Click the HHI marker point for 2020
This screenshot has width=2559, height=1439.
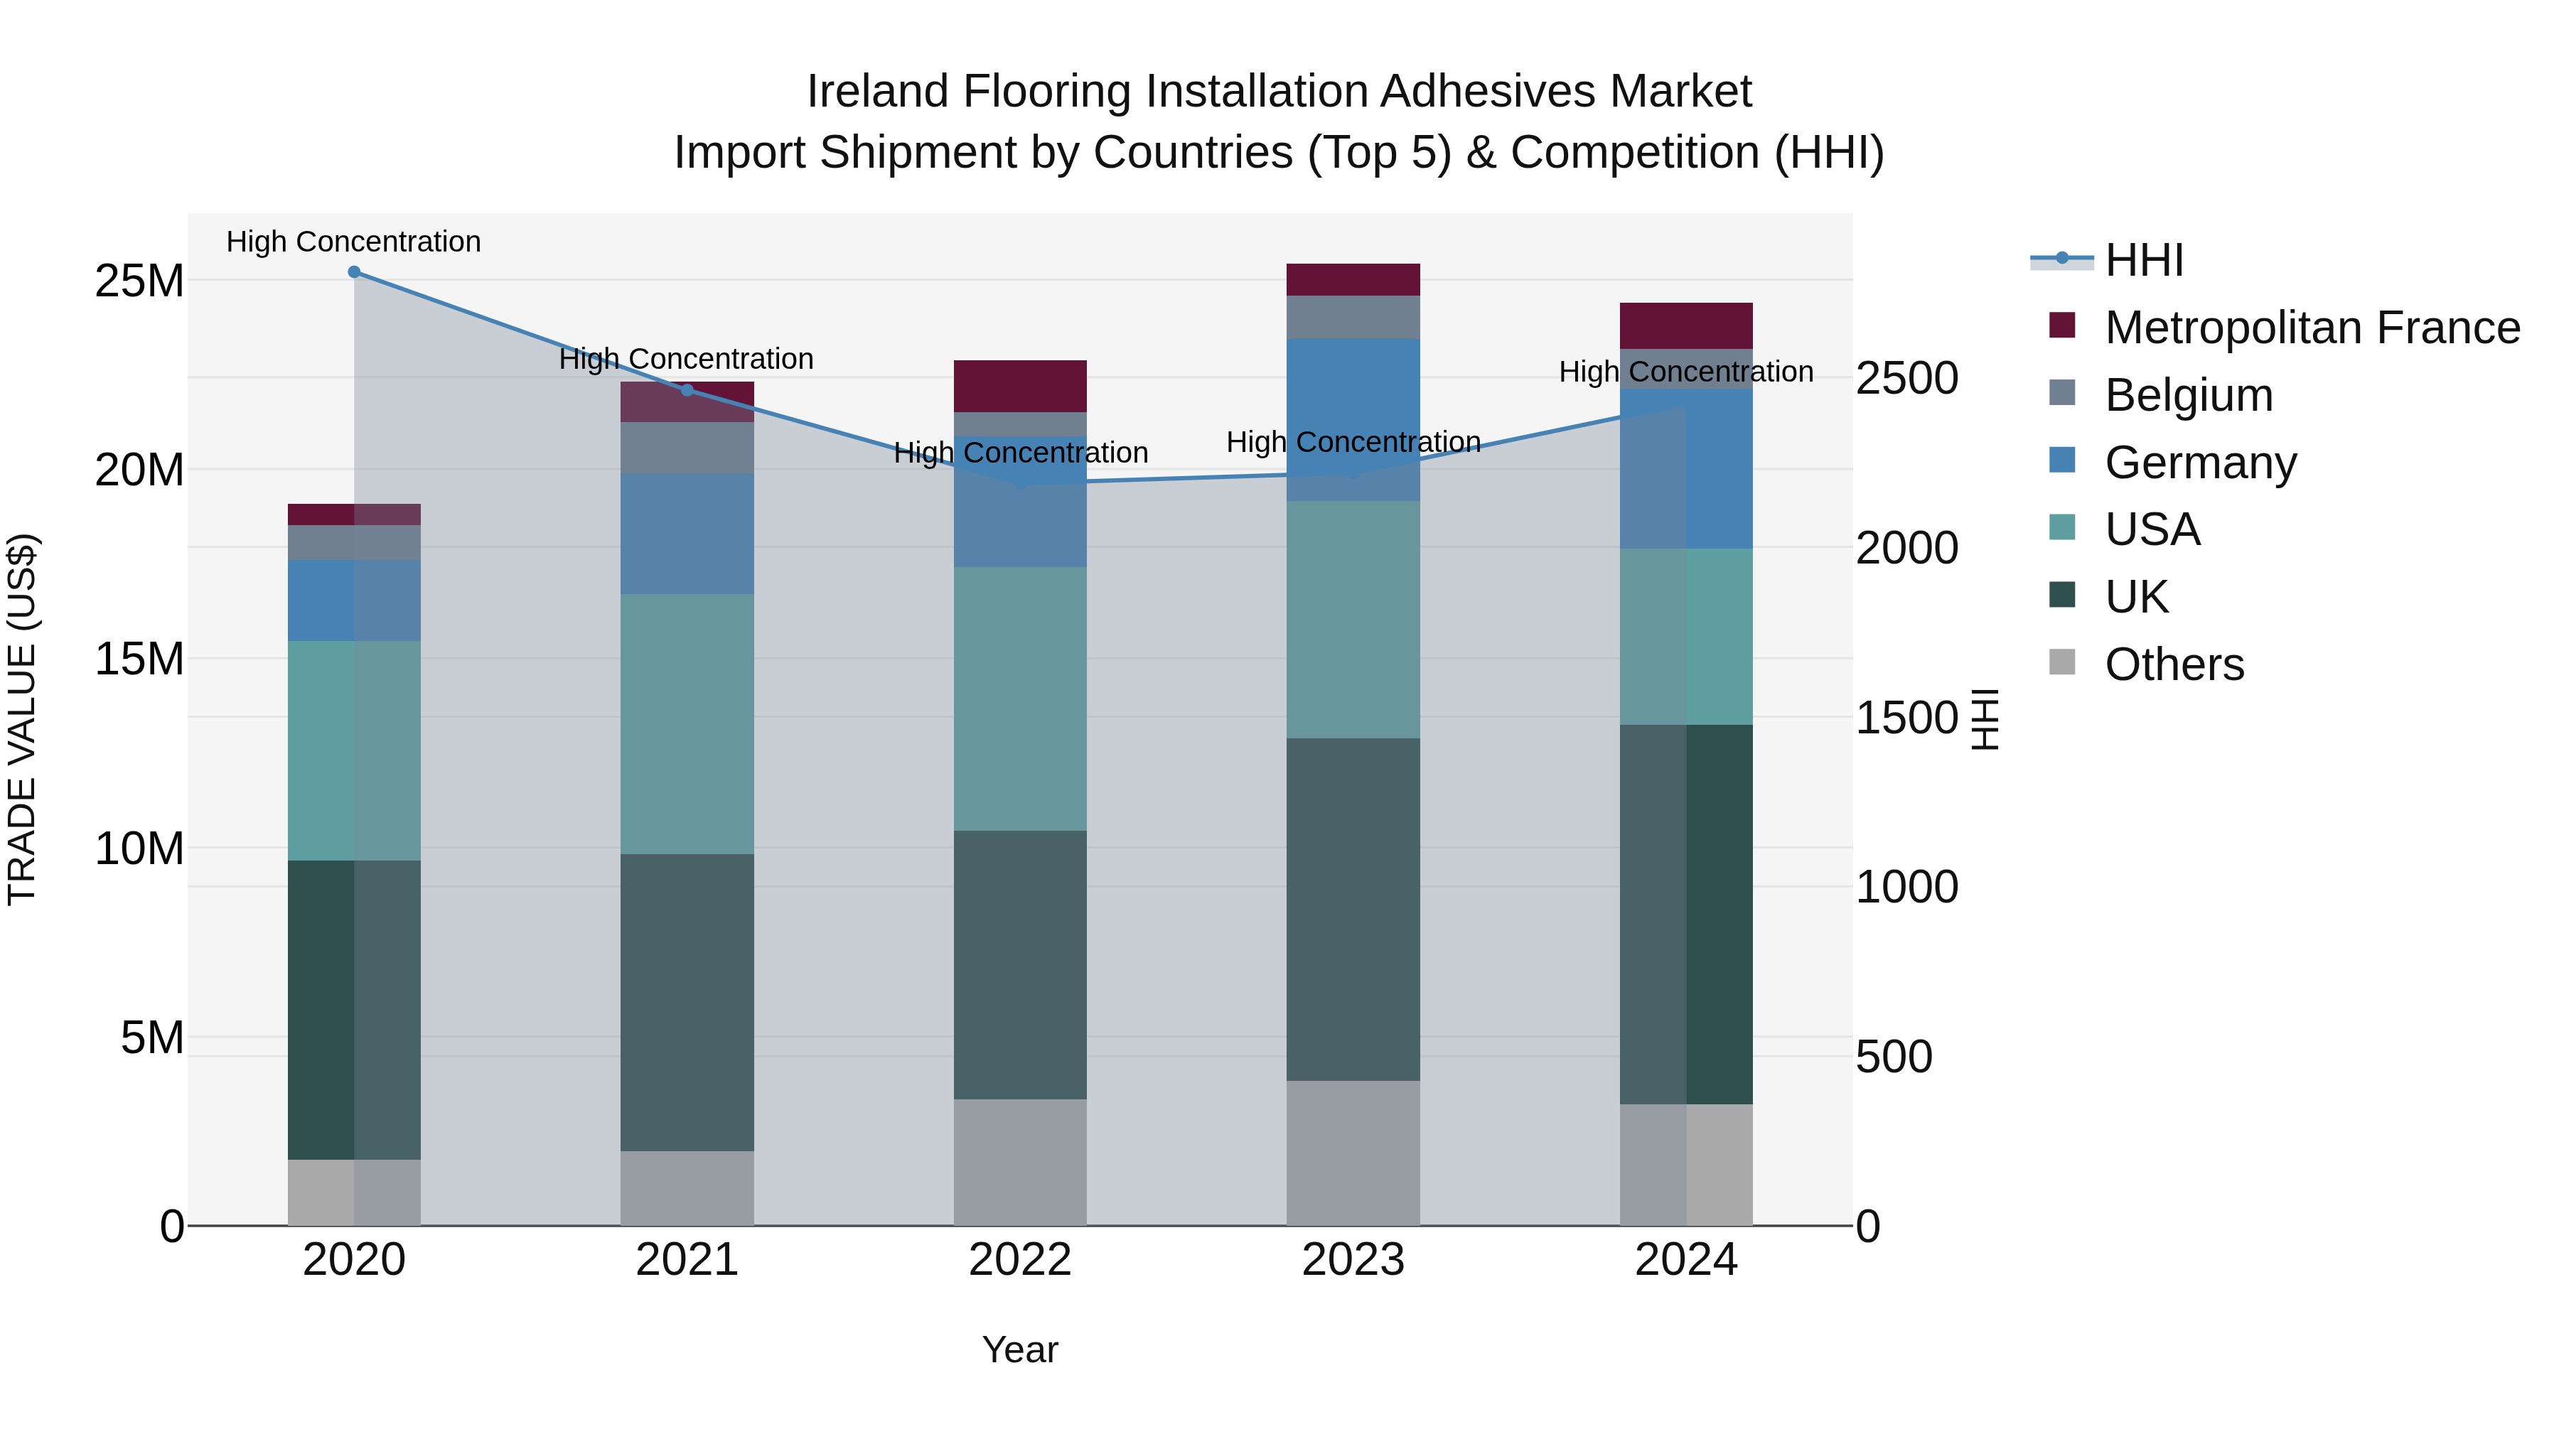pos(354,272)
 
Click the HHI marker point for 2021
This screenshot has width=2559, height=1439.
pos(687,389)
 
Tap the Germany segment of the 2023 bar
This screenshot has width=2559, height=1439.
pos(1353,419)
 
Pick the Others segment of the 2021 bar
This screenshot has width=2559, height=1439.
pos(687,1187)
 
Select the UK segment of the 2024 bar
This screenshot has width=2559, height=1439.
pos(1686,914)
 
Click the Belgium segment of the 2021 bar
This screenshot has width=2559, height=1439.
pos(687,448)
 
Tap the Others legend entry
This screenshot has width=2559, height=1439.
pos(2174,664)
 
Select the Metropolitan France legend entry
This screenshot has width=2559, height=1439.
pos(2311,328)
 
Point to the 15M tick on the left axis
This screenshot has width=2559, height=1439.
pos(139,659)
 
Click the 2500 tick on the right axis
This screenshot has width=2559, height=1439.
pos(1906,378)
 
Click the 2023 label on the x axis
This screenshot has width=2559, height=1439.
pos(1353,1260)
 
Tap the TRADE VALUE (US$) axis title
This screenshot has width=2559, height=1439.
pos(23,719)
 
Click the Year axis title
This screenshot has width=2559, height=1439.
pos(1019,1349)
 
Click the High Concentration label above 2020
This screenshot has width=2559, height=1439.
pos(354,242)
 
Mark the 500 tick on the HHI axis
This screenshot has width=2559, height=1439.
pos(1894,1057)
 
